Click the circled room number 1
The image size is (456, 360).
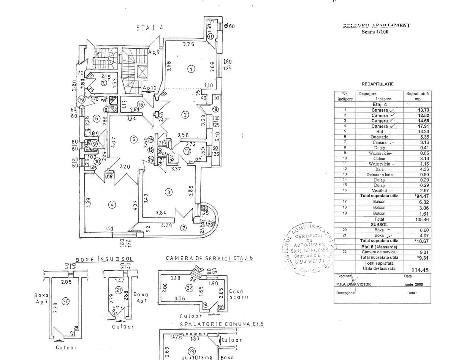pyautogui.click(x=192, y=69)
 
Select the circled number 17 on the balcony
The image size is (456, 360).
pyautogui.click(x=184, y=228)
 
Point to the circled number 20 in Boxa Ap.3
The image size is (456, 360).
pyautogui.click(x=66, y=301)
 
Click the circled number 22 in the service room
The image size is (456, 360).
pyautogui.click(x=190, y=287)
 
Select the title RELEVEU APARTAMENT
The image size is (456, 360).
pyautogui.click(x=377, y=25)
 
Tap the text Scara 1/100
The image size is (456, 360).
pyautogui.click(x=375, y=32)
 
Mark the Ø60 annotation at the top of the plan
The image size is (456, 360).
pyautogui.click(x=229, y=26)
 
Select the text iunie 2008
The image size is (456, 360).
pyautogui.click(x=413, y=284)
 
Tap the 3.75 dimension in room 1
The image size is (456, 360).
pyautogui.click(x=188, y=44)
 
